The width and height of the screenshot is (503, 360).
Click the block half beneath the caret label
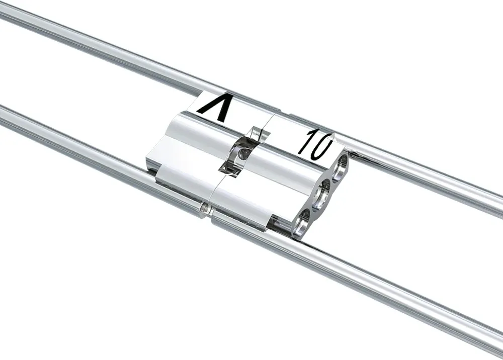pos(191,151)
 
